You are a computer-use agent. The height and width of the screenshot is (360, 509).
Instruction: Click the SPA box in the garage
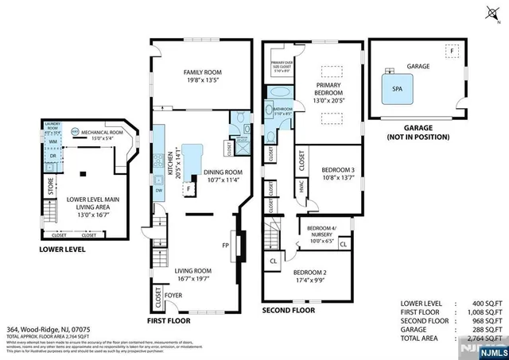(x=396, y=90)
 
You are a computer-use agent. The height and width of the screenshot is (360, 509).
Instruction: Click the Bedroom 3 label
(x=338, y=173)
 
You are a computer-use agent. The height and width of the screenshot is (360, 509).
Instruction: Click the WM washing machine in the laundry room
(x=52, y=141)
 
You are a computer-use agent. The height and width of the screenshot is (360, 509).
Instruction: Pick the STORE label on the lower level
(x=52, y=190)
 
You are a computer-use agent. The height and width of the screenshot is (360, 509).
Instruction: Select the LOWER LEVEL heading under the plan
(x=62, y=250)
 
